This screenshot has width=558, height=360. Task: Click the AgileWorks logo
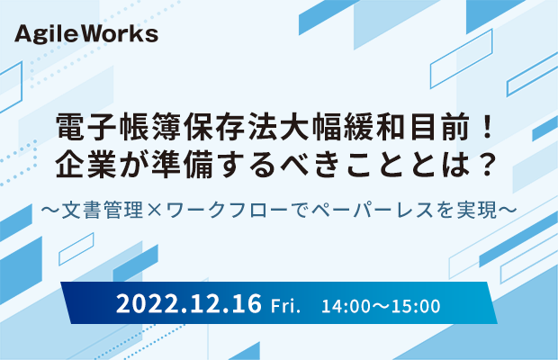click(x=86, y=35)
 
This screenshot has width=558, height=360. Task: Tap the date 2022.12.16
click(x=189, y=304)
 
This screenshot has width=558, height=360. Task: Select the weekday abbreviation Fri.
click(x=285, y=306)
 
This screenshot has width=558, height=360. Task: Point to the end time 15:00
click(x=416, y=307)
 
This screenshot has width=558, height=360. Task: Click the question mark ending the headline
click(x=486, y=165)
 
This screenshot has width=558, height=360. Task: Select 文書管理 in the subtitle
click(x=103, y=210)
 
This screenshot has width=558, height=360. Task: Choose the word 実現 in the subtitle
click(x=477, y=210)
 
